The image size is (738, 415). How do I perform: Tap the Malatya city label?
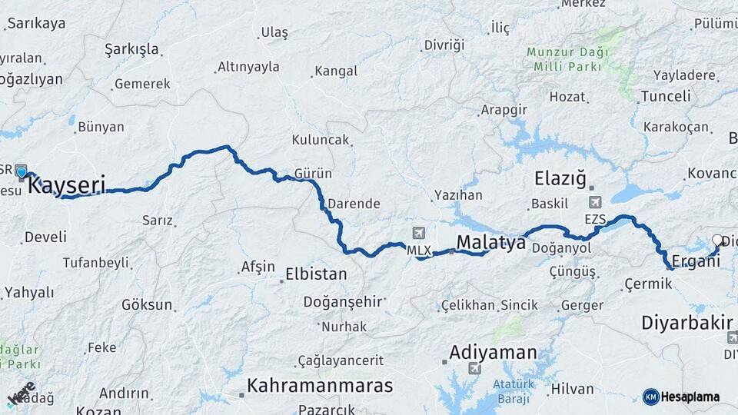click(490, 243)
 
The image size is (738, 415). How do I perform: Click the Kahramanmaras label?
click(319, 385)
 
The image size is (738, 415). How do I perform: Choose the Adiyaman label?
click(493, 353)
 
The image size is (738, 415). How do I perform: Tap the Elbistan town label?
click(316, 274)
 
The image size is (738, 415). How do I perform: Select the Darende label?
click(354, 204)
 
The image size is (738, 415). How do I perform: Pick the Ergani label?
click(696, 261)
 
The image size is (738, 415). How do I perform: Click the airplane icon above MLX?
click(418, 234)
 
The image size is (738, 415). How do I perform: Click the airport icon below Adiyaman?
click(474, 369)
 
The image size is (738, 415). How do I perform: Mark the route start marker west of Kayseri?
click(22, 172)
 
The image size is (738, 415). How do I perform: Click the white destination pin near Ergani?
click(718, 241)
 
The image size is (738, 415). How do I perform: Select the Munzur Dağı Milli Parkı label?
click(567, 59)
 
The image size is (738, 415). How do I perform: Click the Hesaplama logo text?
click(690, 397)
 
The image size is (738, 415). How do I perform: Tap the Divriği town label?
click(445, 45)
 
